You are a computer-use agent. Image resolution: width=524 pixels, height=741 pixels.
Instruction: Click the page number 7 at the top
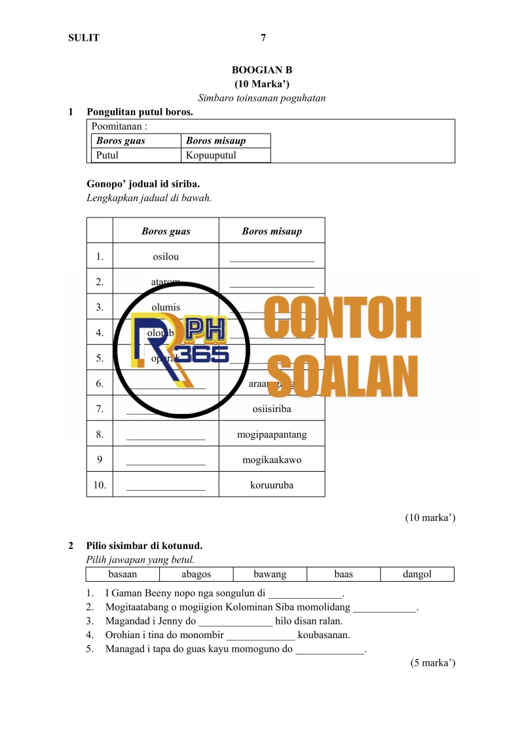click(263, 38)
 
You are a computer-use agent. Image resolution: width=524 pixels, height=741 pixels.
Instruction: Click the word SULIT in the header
click(84, 38)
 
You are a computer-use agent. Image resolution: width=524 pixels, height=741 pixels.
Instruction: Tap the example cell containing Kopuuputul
click(211, 155)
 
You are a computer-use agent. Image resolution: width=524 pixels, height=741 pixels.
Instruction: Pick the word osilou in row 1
click(166, 256)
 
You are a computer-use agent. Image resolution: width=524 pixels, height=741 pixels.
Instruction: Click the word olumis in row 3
click(166, 307)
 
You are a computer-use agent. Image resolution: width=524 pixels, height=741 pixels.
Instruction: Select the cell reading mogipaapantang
click(272, 434)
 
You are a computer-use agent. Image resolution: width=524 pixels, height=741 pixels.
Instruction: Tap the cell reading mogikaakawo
click(272, 460)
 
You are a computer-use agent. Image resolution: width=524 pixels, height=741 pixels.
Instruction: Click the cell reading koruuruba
click(272, 485)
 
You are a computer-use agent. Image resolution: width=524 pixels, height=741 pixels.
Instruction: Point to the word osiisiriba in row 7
click(272, 409)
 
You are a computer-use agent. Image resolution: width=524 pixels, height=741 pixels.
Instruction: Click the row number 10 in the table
click(100, 485)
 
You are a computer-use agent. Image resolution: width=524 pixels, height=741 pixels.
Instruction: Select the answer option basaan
click(122, 575)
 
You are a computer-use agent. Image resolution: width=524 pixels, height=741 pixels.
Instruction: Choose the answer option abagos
click(196, 575)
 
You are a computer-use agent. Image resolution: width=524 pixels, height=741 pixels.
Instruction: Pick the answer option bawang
click(270, 575)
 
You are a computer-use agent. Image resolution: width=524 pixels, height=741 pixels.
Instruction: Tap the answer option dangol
click(417, 575)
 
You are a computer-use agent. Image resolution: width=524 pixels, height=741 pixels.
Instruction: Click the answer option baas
click(343, 575)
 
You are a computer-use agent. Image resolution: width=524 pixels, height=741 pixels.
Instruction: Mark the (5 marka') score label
click(433, 663)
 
